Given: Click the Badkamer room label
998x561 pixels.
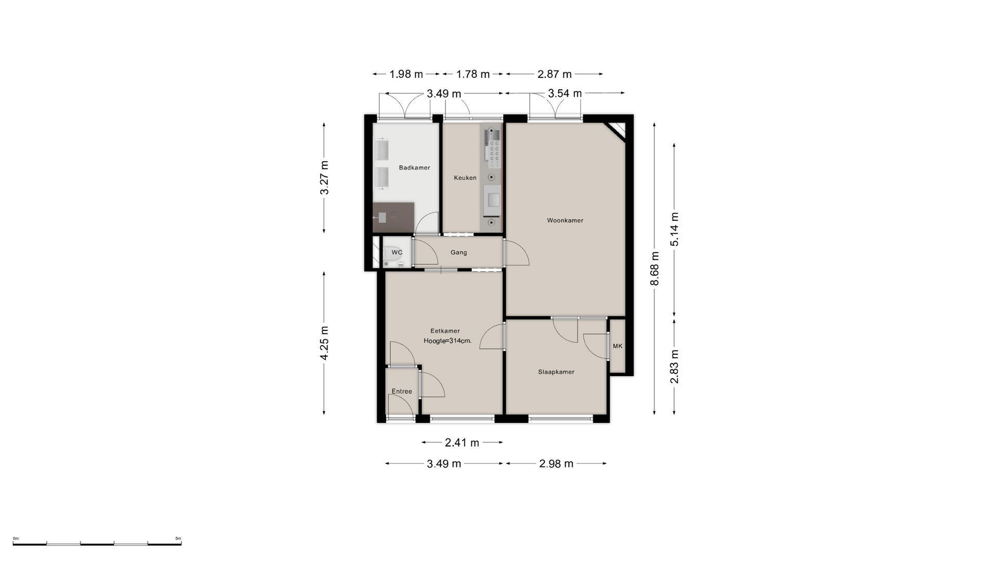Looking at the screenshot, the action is tap(414, 168).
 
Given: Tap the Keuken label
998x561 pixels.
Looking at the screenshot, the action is tap(465, 178).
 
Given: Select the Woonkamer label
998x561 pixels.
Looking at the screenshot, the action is tap(565, 220).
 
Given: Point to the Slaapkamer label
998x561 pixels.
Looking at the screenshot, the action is tap(556, 372).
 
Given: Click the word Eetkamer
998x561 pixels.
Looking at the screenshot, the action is tap(445, 331).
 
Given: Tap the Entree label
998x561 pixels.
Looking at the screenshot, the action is tap(402, 392).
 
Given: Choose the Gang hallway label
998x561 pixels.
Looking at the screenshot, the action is tap(458, 252).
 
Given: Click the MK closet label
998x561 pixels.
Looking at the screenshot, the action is tap(618, 346).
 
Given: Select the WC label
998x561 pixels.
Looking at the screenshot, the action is tap(397, 252).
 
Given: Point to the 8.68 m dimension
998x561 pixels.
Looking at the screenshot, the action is tap(654, 269).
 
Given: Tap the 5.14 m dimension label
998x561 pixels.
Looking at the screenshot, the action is tap(674, 229).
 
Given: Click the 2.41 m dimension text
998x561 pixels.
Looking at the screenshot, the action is tap(462, 443).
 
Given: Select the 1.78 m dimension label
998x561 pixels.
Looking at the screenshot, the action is tap(473, 74).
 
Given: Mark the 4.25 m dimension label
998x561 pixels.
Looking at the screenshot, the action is tap(324, 343).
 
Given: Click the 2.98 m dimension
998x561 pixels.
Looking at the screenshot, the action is tap(556, 463).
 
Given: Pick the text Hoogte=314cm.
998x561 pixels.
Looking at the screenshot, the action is tap(448, 341).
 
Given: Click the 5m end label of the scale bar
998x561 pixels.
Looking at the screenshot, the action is tap(178, 538).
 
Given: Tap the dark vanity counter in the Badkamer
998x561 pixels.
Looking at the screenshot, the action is tap(393, 218).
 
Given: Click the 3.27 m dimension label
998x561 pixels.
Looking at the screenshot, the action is tap(324, 178).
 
